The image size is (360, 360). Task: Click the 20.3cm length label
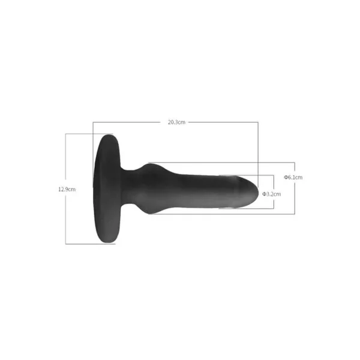(176, 122)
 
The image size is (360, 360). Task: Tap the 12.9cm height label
(67, 190)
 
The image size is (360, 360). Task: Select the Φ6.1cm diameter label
(293, 177)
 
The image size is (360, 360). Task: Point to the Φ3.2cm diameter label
(271, 194)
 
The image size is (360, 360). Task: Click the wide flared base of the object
(107, 189)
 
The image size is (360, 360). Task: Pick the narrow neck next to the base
(130, 187)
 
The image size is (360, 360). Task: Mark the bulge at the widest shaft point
(151, 188)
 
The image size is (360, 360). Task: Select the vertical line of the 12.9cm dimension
(65, 189)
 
